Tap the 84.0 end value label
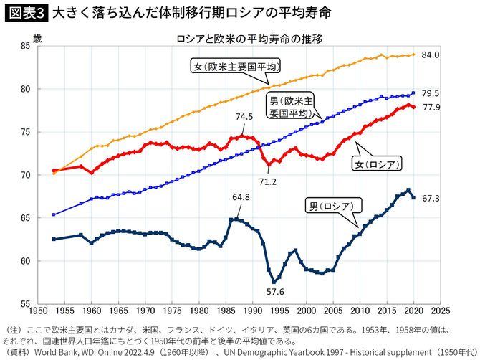(x=430, y=55)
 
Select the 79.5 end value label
(x=430, y=93)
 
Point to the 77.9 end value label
(x=430, y=107)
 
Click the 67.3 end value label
(x=430, y=197)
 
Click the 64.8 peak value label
(x=241, y=196)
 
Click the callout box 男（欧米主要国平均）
(x=290, y=107)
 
